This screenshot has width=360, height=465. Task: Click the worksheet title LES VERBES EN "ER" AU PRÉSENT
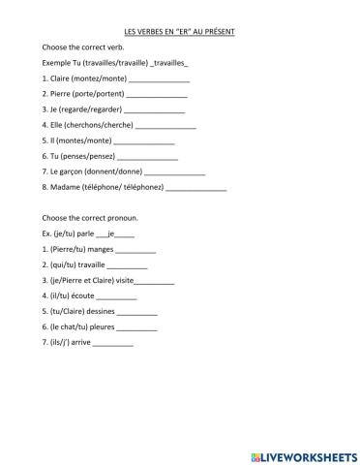180,32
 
